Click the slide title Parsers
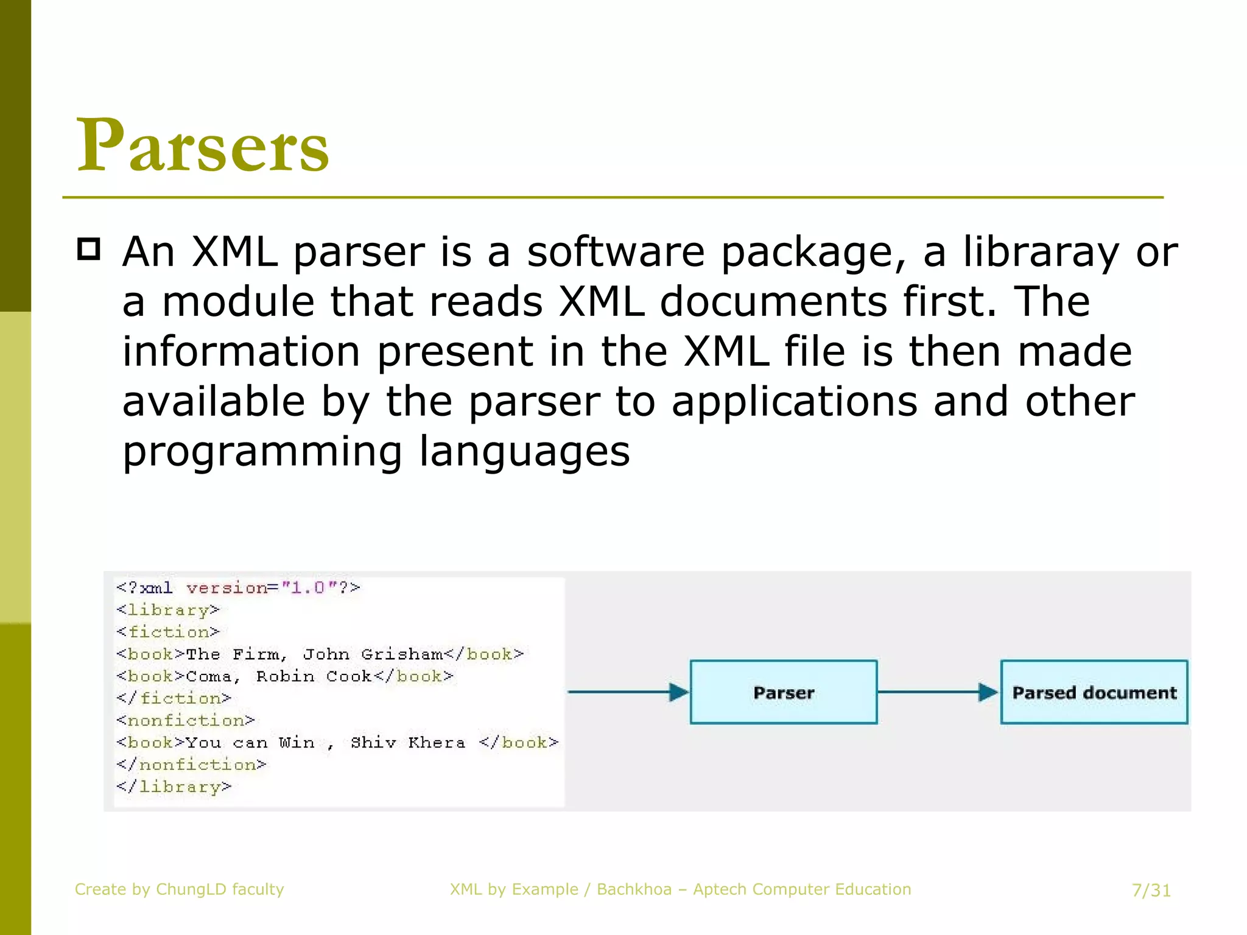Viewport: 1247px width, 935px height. [x=203, y=146]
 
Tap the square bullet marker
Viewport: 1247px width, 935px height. [x=89, y=250]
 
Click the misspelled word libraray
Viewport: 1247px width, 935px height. [x=1041, y=251]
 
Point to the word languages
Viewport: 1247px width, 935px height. [x=524, y=451]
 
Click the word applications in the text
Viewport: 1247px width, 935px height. [x=795, y=402]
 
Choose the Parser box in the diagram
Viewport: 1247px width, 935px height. [x=783, y=692]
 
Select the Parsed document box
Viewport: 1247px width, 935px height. [x=1094, y=692]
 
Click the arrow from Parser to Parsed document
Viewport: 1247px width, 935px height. [x=938, y=692]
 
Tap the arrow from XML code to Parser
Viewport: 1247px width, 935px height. [x=628, y=692]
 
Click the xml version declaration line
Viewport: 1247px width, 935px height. [x=238, y=588]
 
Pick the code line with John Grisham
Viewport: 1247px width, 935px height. [x=320, y=654]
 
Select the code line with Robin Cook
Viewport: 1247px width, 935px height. [x=285, y=676]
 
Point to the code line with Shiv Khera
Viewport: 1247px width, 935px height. [x=337, y=743]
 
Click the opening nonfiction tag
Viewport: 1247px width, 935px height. [x=186, y=721]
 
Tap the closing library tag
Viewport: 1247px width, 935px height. [x=174, y=786]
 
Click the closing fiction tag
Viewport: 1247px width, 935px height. [x=174, y=698]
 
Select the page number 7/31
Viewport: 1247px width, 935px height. [x=1151, y=891]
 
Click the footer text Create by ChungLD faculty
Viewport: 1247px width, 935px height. [x=179, y=889]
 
